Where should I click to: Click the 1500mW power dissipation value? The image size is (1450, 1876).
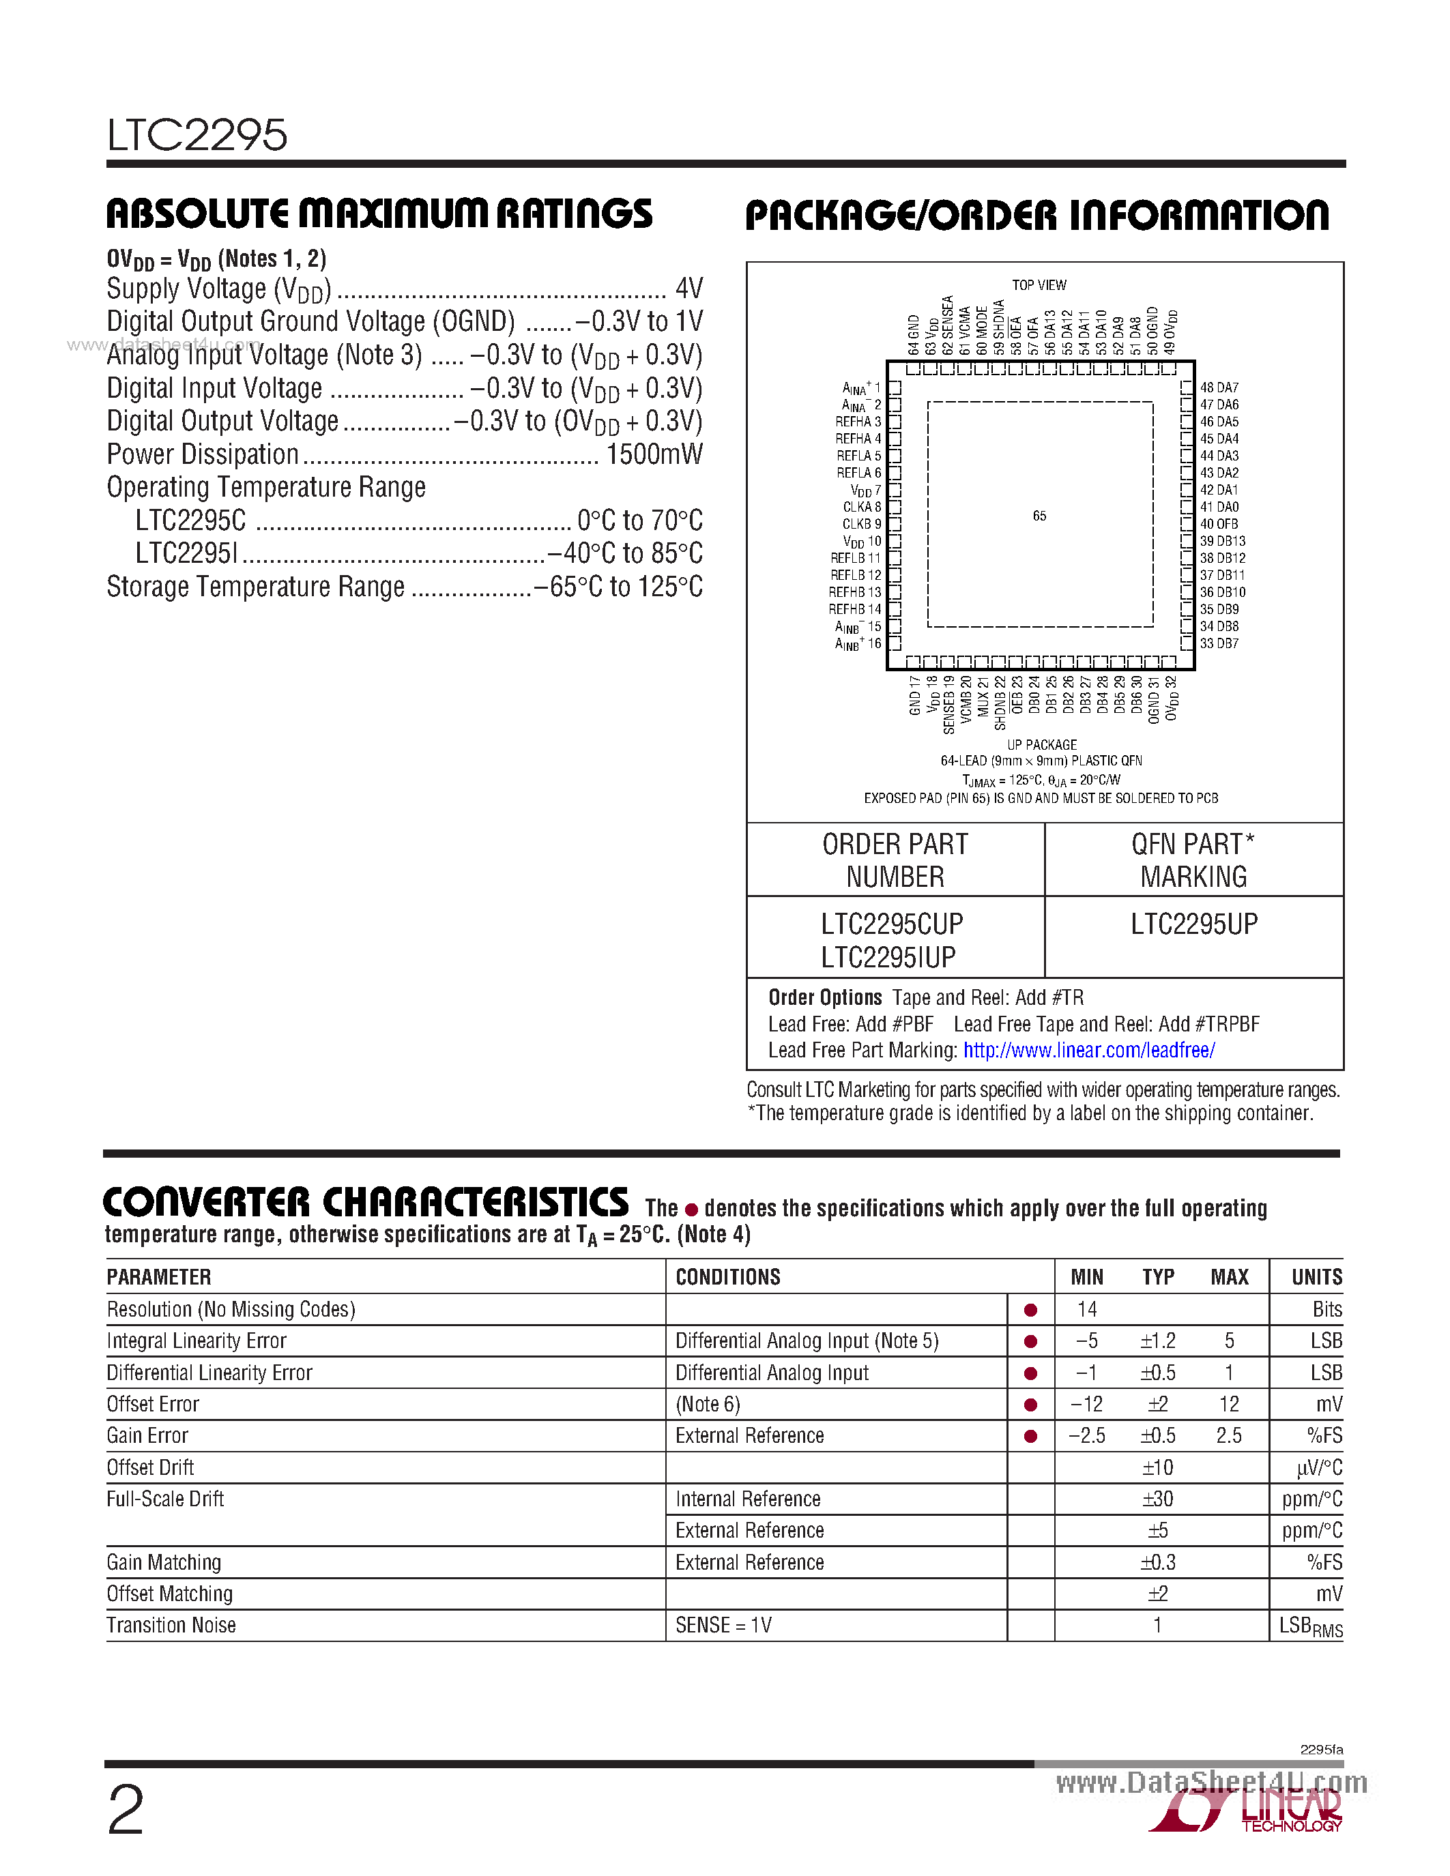coord(654,454)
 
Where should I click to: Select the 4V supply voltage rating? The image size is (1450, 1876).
coord(689,288)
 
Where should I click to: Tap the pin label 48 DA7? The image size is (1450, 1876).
coord(1219,387)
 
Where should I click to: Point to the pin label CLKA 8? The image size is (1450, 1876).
coord(862,507)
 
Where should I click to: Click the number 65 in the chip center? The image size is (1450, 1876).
coord(1039,515)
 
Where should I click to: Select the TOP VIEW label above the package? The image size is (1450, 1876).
coord(1039,285)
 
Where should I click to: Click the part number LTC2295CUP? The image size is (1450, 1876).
coord(892,924)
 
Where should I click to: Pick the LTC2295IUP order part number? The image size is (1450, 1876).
coord(888,957)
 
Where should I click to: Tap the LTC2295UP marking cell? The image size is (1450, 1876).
coord(1194,924)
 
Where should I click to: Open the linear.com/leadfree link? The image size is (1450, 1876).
coord(1088,1050)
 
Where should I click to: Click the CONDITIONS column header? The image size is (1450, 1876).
coord(727,1277)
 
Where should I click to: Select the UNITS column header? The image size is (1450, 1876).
coord(1316,1277)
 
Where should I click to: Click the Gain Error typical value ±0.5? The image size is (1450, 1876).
coord(1157,1435)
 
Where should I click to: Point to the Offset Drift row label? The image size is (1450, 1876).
coord(150,1467)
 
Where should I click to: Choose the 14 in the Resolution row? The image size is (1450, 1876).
coord(1086,1309)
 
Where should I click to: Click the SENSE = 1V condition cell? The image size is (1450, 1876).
coord(723,1625)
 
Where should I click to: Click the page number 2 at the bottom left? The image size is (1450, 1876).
coord(126,1811)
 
